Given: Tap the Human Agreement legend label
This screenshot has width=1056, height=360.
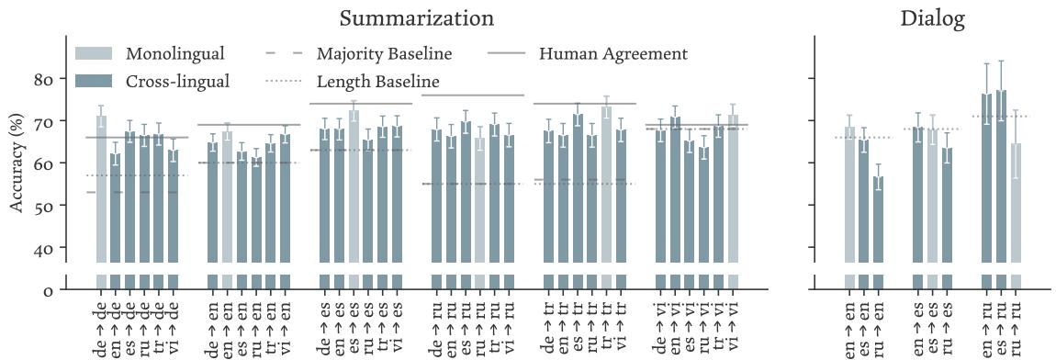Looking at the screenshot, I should click(612, 54).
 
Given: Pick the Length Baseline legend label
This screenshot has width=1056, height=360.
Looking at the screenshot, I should click(378, 82).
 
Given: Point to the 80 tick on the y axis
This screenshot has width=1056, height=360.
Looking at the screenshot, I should click(45, 79).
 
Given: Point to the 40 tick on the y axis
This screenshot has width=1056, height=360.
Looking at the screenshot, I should click(45, 248).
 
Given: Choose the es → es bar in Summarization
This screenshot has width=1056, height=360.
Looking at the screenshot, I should click(354, 184).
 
